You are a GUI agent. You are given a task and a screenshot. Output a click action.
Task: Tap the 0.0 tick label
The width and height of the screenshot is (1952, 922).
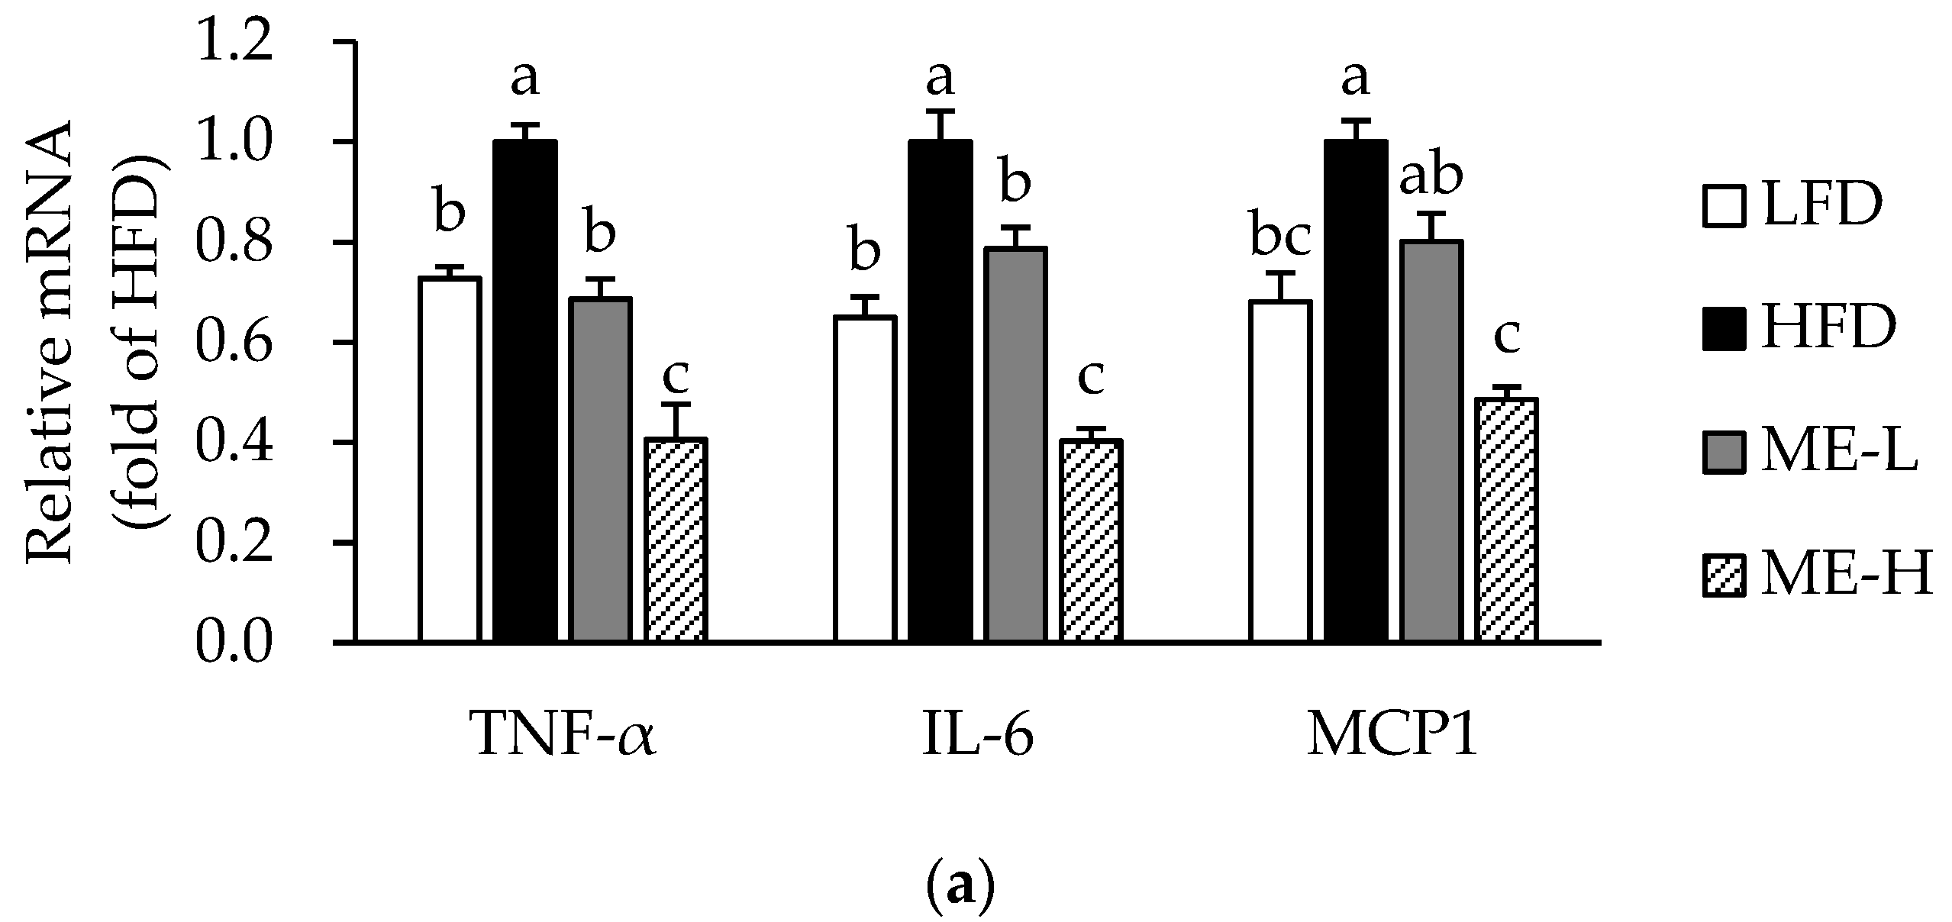pos(234,643)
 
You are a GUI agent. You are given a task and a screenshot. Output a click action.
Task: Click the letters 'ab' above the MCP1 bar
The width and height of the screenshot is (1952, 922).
pos(1431,177)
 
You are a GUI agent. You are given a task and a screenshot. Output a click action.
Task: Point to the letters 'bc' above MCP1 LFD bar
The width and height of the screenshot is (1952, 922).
pos(1281,238)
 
